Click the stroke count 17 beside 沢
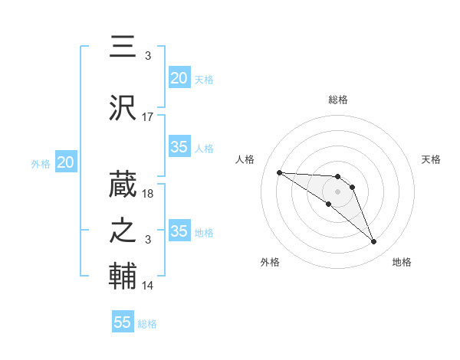click(148, 117)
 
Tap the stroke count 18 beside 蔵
click(148, 195)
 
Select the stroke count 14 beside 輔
click(148, 286)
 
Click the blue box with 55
click(123, 322)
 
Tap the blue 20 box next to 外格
click(66, 162)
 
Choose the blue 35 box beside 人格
click(179, 148)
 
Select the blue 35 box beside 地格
click(179, 232)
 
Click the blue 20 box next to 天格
click(179, 78)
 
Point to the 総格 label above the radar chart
click(337, 100)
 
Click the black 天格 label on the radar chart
click(431, 159)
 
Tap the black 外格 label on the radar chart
click(270, 262)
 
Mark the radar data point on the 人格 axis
click(279, 172)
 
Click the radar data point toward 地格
click(374, 242)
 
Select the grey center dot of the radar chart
click(337, 191)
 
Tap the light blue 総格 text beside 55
click(147, 323)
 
